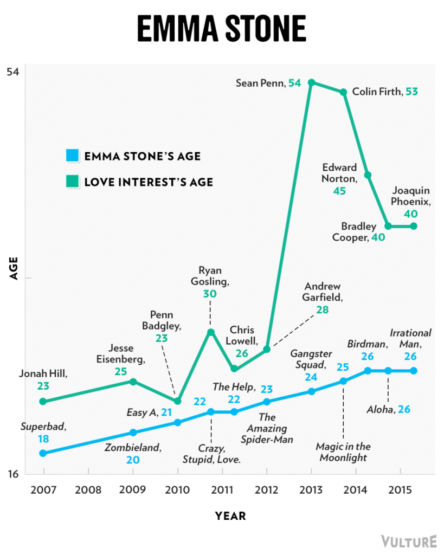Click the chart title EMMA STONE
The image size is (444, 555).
pos(221,29)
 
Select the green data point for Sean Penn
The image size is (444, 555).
pos(311,82)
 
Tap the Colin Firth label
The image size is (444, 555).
pos(377,92)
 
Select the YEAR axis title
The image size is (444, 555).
pos(230,516)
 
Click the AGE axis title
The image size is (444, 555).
pos(14,268)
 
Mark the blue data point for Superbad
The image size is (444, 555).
pos(43,453)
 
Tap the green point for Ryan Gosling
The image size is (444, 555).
pos(211,332)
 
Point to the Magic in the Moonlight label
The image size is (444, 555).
pos(343,452)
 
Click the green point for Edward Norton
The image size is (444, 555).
pos(368,175)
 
